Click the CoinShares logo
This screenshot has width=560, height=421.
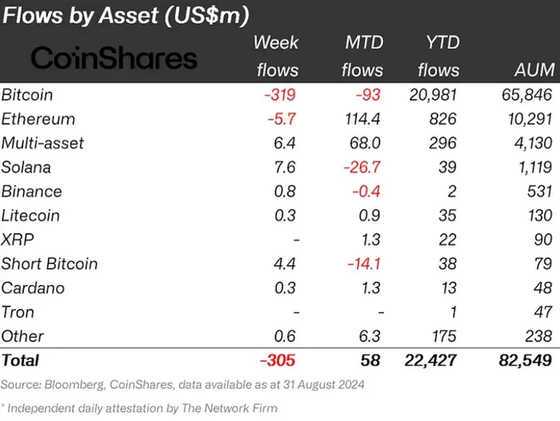114,58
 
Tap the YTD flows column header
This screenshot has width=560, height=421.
438,56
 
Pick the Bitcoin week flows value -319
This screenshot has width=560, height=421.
280,94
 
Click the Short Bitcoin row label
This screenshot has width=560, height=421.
50,264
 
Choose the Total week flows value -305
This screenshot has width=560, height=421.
277,361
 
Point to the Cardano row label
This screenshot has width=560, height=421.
33,288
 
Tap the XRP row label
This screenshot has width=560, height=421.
17,240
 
